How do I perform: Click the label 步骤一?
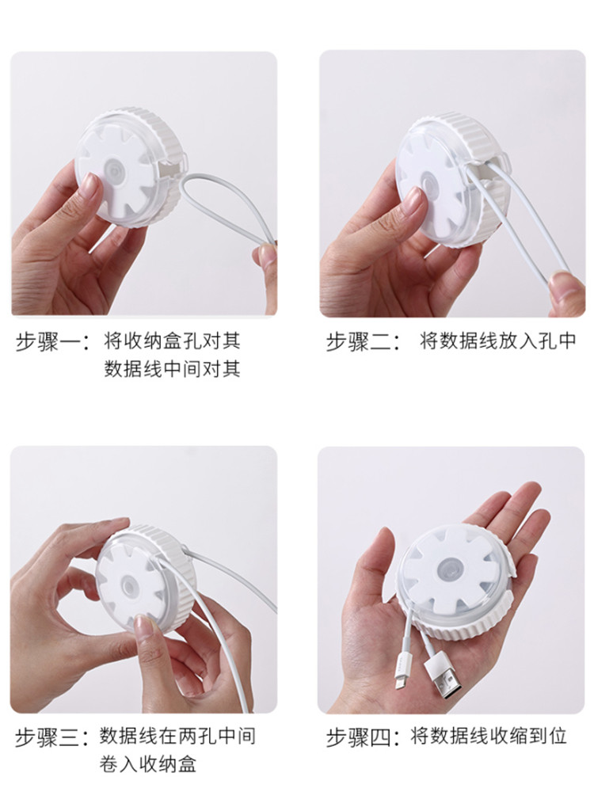(48, 342)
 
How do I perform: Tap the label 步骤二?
(358, 342)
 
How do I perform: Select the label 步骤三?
(48, 738)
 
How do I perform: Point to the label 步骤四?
(358, 738)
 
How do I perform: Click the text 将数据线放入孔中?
(498, 342)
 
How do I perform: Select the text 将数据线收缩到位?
(489, 737)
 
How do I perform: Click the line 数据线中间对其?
(172, 369)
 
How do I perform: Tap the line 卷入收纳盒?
(148, 764)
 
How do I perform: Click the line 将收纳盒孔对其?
(172, 342)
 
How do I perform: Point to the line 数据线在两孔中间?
(177, 737)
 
